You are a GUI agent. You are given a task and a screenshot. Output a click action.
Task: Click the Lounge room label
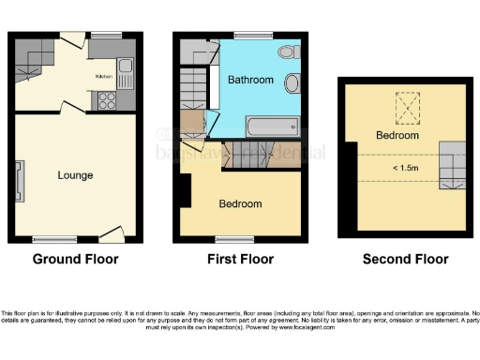tap(75, 175)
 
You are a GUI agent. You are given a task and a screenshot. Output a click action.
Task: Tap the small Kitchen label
tap(103, 76)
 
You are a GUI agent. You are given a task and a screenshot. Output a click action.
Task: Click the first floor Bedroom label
tap(240, 203)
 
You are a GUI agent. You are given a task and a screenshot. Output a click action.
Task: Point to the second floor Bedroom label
tap(397, 136)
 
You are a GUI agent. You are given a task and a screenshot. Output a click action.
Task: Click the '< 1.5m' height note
tap(398, 168)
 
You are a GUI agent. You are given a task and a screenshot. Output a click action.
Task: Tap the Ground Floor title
tap(76, 259)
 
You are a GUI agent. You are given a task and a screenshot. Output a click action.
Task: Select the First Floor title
tap(240, 259)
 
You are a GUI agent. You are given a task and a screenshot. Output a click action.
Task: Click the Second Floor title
tap(405, 259)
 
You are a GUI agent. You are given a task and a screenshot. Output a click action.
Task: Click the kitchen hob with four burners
tap(104, 100)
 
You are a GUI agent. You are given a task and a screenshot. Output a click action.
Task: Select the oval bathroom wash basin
tap(292, 84)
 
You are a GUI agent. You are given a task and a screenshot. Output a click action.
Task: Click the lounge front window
tap(61, 238)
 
